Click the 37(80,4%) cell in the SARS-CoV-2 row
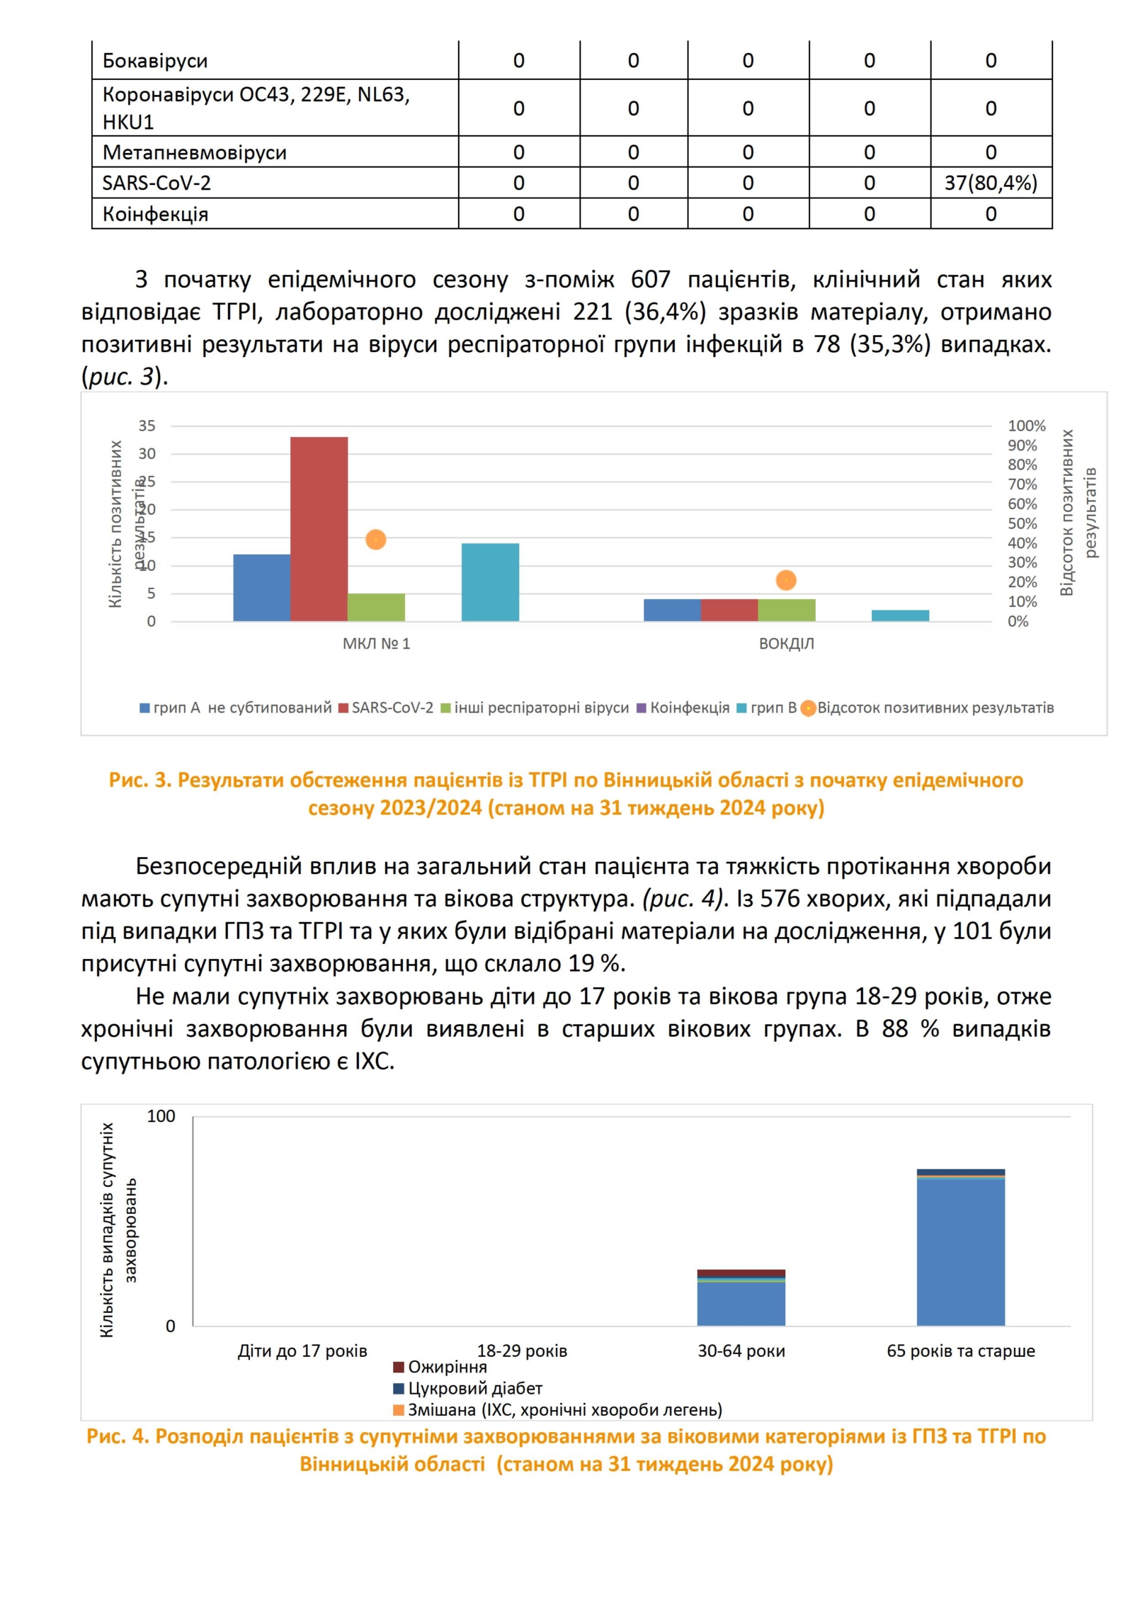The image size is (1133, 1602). [990, 183]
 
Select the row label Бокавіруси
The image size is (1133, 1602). [155, 61]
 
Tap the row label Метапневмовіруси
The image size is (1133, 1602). [194, 152]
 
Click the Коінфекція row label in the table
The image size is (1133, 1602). [155, 214]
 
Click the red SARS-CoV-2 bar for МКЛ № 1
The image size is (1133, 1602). [319, 528]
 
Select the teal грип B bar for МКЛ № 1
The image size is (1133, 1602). [490, 581]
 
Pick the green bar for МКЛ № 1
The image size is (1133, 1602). [376, 607]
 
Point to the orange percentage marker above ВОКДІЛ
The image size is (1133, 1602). [785, 580]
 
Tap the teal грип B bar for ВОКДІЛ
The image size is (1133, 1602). [900, 615]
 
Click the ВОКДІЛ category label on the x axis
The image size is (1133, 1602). [786, 644]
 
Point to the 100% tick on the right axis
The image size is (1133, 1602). [1026, 426]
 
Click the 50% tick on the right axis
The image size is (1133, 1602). [1022, 523]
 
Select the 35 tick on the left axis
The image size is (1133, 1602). [147, 426]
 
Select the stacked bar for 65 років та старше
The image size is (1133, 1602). [960, 1252]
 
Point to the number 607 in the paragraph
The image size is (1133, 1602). [650, 280]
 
